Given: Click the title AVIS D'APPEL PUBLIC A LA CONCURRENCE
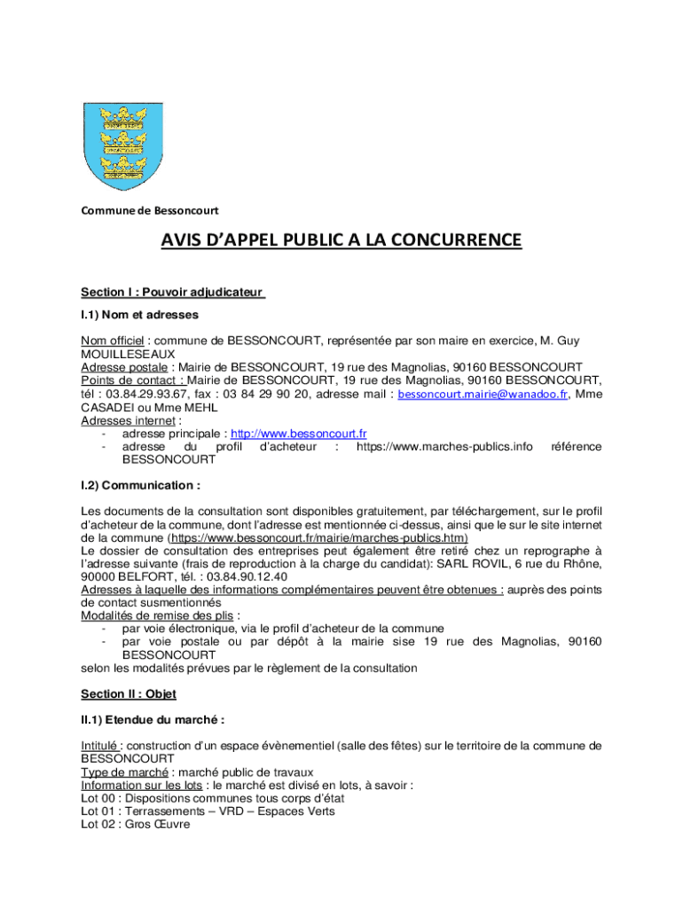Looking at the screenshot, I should (x=341, y=241).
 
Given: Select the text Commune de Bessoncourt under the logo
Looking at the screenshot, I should (x=149, y=210).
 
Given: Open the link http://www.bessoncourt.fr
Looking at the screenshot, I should (x=299, y=434).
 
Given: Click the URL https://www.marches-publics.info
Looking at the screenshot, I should (x=444, y=447).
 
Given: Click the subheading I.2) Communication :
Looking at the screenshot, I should (x=140, y=485).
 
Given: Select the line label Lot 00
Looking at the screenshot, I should (x=97, y=798).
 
